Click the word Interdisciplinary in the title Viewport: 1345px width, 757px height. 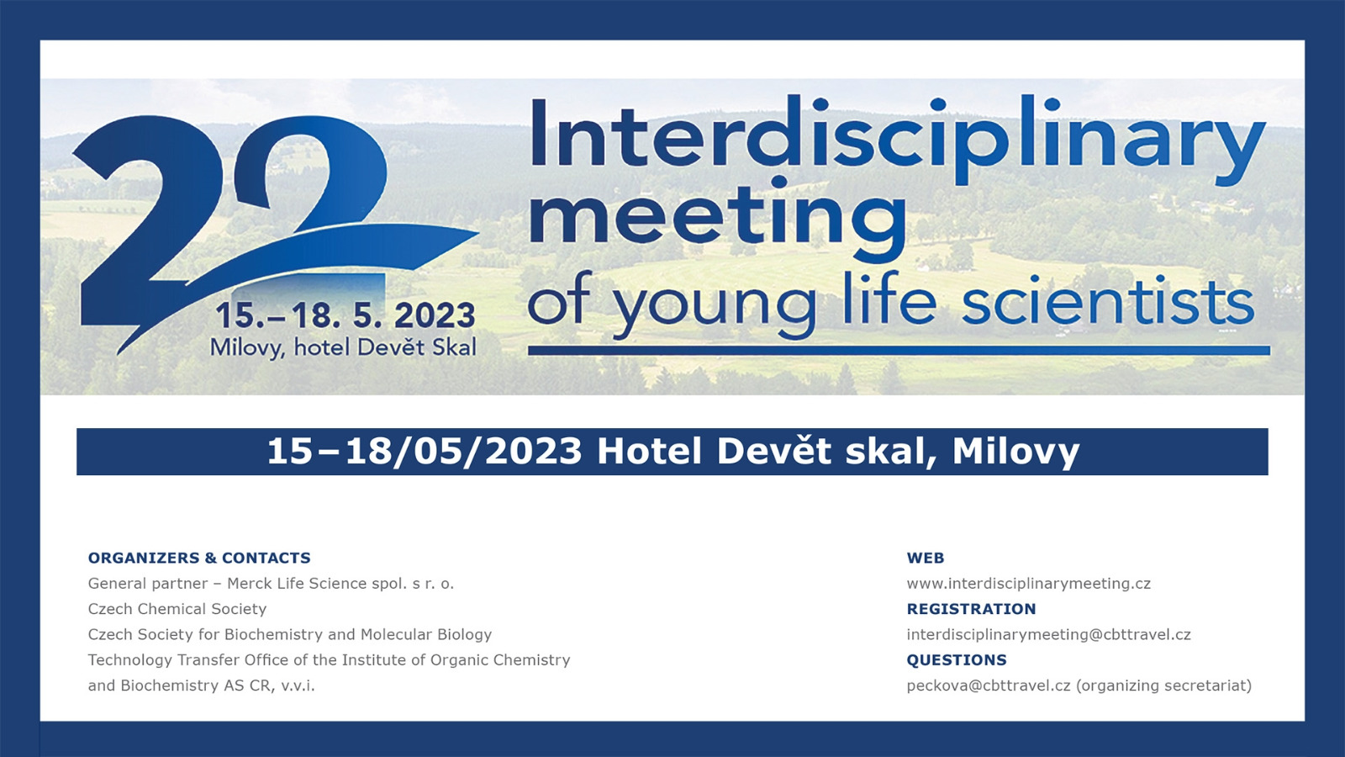pos(898,140)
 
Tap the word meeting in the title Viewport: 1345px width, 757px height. pos(718,220)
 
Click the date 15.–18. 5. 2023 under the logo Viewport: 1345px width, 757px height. pos(345,315)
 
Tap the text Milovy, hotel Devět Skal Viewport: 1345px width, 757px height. pos(344,348)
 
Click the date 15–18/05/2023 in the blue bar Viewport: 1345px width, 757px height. pos(425,451)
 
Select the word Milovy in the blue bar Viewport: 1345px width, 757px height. pos(1016,452)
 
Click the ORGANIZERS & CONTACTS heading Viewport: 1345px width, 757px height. pos(199,558)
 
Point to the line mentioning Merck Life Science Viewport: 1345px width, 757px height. pos(271,584)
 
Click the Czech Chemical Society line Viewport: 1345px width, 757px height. pos(177,609)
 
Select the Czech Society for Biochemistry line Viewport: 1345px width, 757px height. pos(290,634)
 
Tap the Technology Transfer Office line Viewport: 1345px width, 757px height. pos(329,659)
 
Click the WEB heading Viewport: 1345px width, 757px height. pos(926,558)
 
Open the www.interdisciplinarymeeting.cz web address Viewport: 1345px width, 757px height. pos(1029,584)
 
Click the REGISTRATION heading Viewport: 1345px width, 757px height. pos(972,609)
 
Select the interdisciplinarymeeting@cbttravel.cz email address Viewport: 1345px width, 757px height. pos(1049,634)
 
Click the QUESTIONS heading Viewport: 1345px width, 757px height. pos(957,659)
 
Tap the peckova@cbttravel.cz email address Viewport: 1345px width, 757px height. pos(989,686)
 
